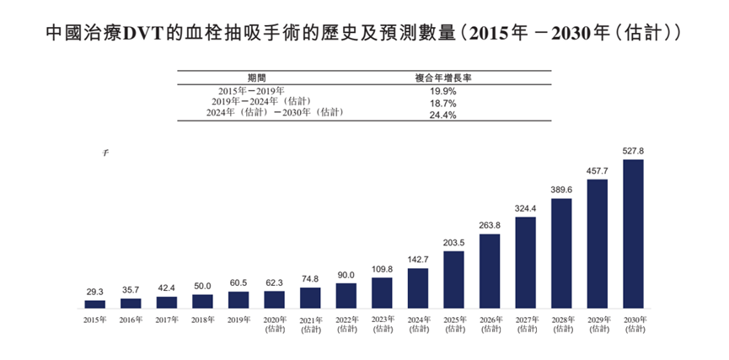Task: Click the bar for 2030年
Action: (633, 234)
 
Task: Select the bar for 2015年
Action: (94, 304)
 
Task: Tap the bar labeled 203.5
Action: (453, 279)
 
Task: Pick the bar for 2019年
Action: (239, 299)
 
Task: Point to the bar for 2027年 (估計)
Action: (525, 262)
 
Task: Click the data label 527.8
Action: (633, 151)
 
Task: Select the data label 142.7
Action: (417, 260)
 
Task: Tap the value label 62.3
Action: (274, 282)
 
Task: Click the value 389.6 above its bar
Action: (561, 190)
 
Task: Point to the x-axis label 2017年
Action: (166, 320)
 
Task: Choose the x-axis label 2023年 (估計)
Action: (382, 325)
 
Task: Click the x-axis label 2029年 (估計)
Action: (597, 325)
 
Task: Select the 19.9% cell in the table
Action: (442, 90)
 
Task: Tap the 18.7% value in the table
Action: (442, 102)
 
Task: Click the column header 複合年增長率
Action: (442, 77)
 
